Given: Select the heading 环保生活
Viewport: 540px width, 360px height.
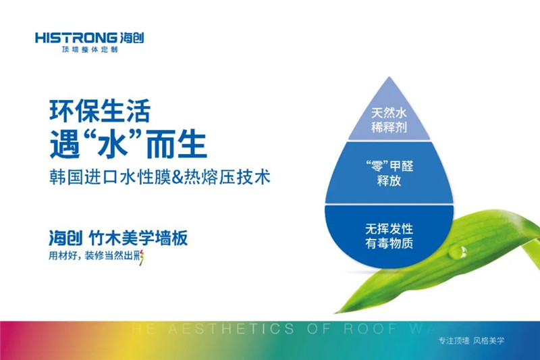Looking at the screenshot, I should [99, 110].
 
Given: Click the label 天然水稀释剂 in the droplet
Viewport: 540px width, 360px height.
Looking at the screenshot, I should [387, 120].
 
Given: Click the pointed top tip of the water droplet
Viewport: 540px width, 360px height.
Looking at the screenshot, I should [388, 78].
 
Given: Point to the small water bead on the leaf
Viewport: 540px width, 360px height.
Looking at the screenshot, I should [462, 252].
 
